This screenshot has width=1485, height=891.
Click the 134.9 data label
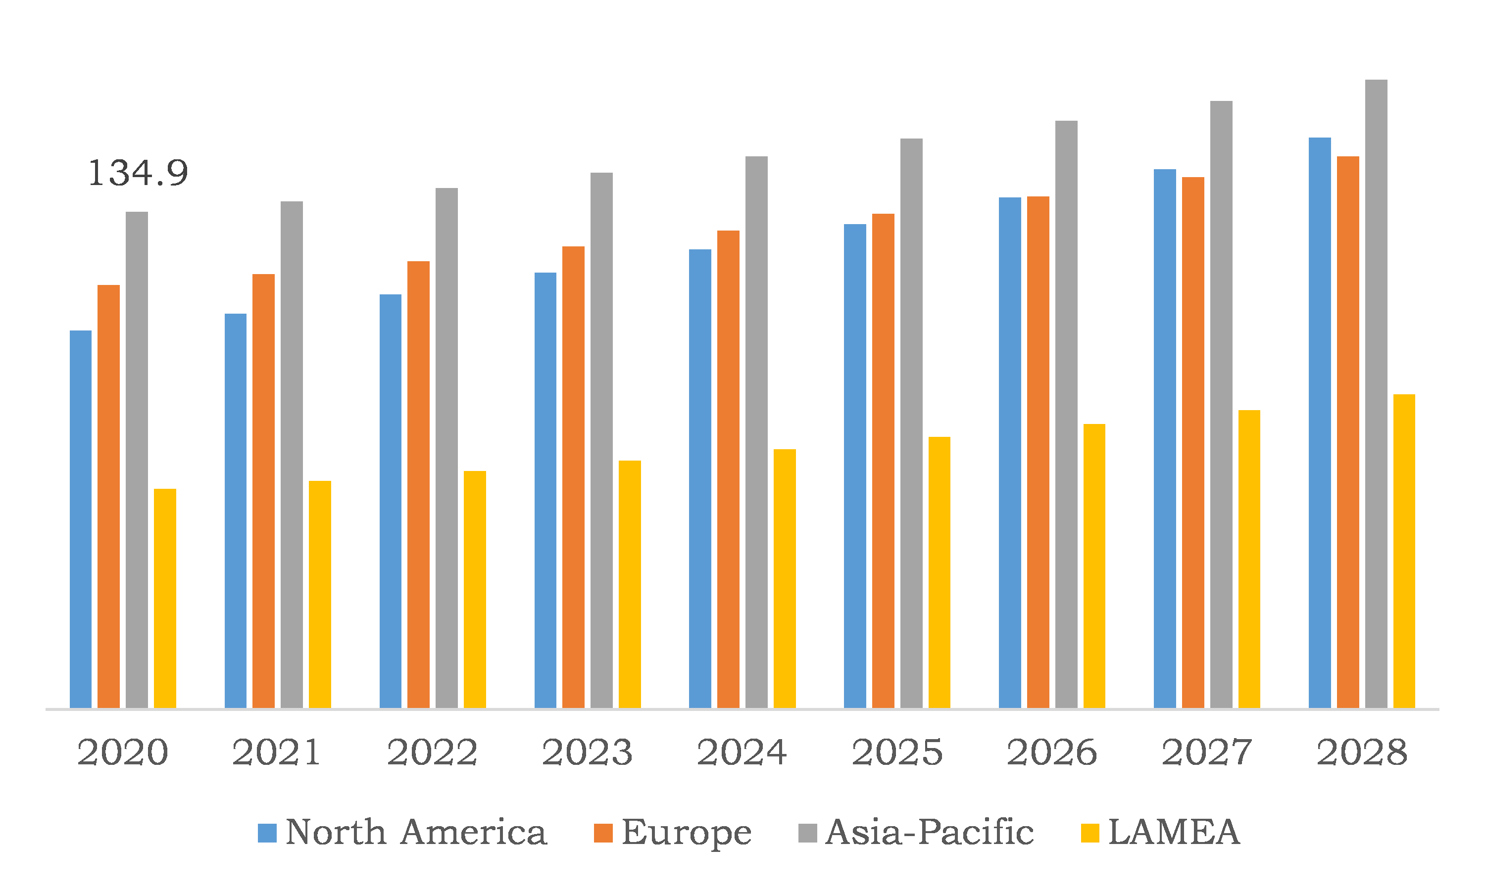pyautogui.click(x=138, y=174)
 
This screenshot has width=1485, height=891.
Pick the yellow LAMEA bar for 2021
pyautogui.click(x=320, y=594)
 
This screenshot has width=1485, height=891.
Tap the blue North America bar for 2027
pyautogui.click(x=1165, y=439)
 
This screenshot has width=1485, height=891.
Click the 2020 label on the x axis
pyautogui.click(x=123, y=752)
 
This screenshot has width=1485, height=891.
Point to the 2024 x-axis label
pyautogui.click(x=742, y=752)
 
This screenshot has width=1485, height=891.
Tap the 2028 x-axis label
pyautogui.click(x=1362, y=752)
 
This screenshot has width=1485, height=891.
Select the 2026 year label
pyautogui.click(x=1052, y=752)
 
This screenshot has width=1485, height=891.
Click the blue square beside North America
pyautogui.click(x=267, y=833)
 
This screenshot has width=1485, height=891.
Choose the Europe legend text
pyautogui.click(x=686, y=833)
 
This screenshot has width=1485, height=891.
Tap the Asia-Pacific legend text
pyautogui.click(x=929, y=832)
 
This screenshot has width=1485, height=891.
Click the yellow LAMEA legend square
pyautogui.click(x=1089, y=833)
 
